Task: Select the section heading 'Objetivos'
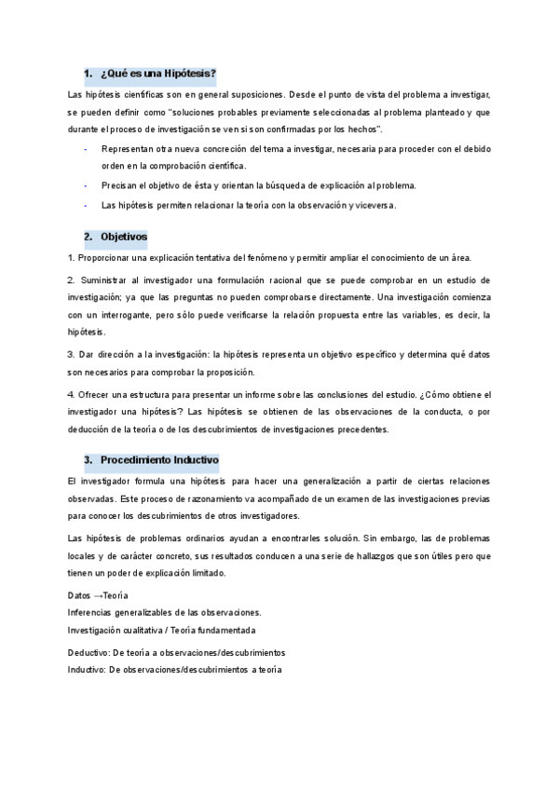(124, 237)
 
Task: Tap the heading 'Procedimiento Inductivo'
(159, 459)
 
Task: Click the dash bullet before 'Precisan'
(86, 185)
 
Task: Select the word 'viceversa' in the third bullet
(374, 206)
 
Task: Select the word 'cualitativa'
(144, 630)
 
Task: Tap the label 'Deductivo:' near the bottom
(89, 653)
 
